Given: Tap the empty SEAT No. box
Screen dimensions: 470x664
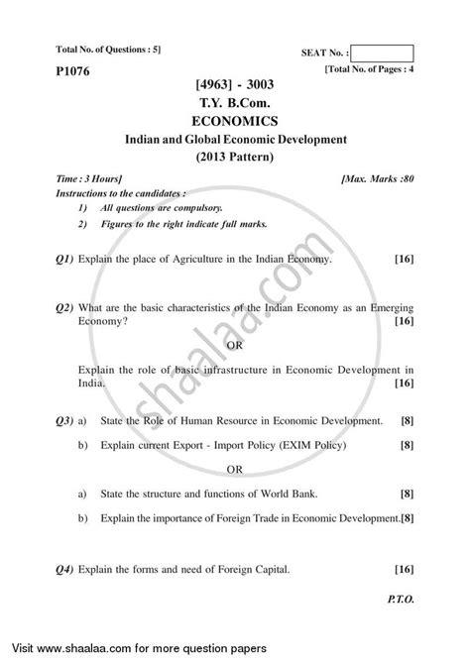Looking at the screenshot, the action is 381,54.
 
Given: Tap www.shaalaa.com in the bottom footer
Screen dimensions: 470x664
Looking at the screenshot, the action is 86,648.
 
